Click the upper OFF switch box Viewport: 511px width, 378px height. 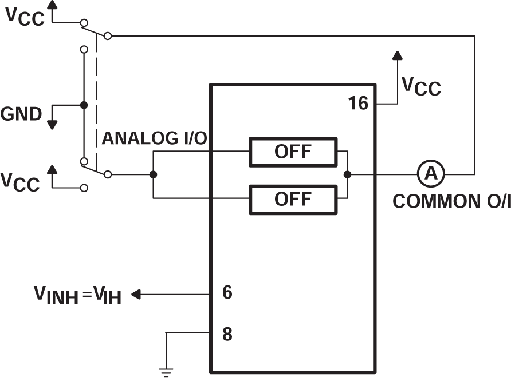point(293,152)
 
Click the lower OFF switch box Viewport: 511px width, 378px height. point(293,199)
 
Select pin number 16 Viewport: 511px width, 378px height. point(359,104)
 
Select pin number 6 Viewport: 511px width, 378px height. point(227,293)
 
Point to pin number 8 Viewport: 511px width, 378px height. point(227,334)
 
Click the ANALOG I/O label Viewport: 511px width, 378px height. point(154,138)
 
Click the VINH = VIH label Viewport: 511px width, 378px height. point(78,296)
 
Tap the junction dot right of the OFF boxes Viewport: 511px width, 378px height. point(347,174)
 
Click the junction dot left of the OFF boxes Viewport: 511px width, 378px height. point(153,174)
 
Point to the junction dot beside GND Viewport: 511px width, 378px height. point(84,105)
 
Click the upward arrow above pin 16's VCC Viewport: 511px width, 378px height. point(396,55)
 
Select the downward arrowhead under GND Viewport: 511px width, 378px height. point(52,124)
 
